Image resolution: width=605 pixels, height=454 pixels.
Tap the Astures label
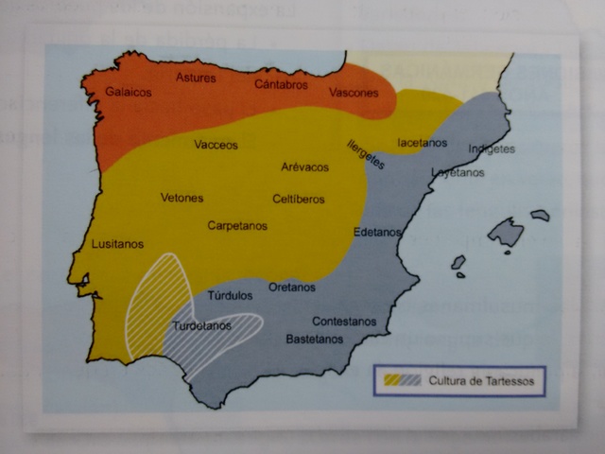[x=196, y=78]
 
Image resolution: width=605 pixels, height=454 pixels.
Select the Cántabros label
[x=281, y=84]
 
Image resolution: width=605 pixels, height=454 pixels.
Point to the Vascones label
[x=354, y=93]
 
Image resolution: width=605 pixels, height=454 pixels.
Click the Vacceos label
[x=216, y=146]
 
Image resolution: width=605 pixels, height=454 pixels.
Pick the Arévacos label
[x=305, y=166]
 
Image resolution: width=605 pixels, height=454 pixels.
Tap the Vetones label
[x=181, y=198]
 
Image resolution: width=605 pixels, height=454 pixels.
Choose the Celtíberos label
[x=299, y=199]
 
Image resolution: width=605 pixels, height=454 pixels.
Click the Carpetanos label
[x=237, y=226]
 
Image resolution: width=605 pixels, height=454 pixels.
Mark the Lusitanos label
[x=117, y=244]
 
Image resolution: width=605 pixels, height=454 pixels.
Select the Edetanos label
[x=376, y=232]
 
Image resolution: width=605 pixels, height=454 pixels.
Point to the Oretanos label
[x=291, y=287]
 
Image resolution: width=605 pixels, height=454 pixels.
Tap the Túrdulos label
[x=230, y=295]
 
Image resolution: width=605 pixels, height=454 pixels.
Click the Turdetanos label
[x=201, y=326]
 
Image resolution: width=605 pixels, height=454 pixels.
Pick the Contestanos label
[x=344, y=321]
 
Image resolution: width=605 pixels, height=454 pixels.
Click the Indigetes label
[x=493, y=149]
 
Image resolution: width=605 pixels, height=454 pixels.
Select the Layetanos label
[x=458, y=173]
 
